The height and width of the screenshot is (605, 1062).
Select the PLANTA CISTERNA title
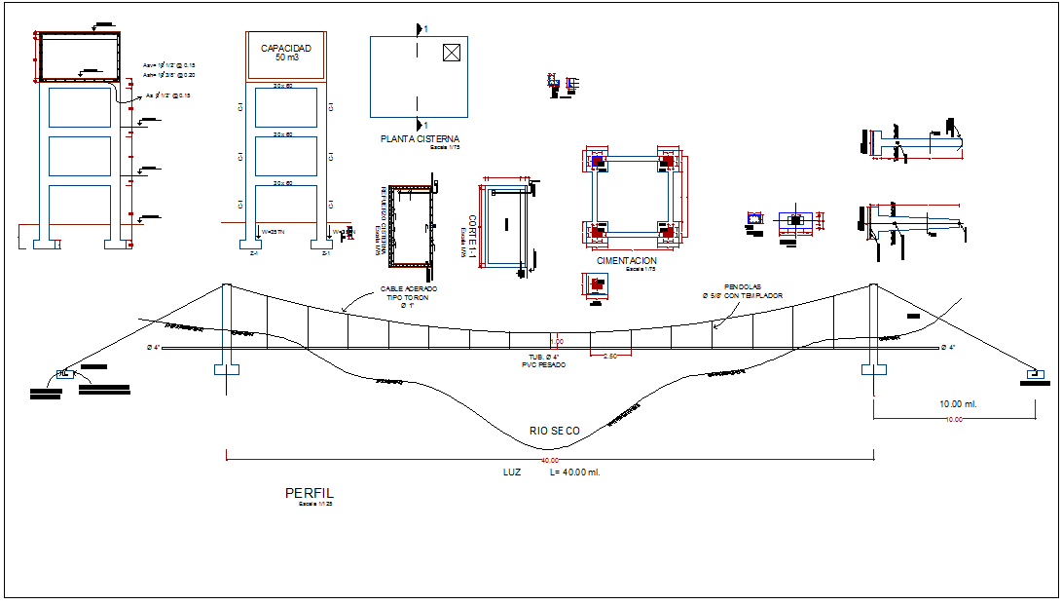419,139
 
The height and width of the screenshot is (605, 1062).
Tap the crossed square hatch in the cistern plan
450,53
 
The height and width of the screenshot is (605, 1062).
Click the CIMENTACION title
627,261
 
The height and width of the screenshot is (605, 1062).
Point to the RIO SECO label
554,431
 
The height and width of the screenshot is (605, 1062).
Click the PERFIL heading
309,493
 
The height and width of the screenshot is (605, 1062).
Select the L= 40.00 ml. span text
574,473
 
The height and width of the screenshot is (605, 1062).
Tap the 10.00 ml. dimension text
958,403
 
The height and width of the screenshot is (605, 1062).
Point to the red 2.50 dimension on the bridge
609,356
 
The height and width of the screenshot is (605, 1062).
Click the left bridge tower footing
226,370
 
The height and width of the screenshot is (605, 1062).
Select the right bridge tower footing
872,369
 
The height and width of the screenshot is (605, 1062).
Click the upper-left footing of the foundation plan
597,163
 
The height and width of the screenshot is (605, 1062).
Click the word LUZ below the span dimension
511,473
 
